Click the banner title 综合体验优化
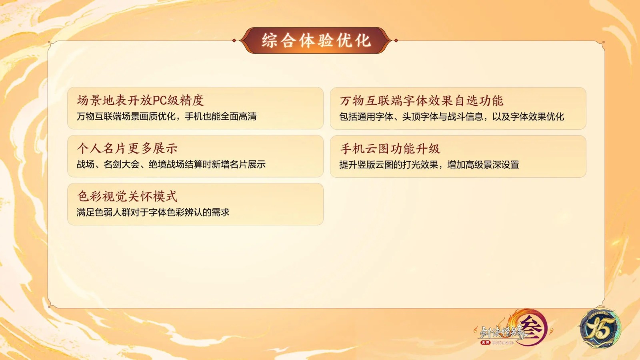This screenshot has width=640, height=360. tap(316, 40)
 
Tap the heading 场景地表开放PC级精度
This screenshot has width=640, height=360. tap(140, 100)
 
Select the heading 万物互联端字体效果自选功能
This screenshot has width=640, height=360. tap(422, 100)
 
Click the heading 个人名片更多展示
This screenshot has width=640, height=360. tap(127, 148)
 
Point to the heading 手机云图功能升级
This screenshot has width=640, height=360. tap(390, 148)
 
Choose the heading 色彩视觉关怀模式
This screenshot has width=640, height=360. tap(127, 196)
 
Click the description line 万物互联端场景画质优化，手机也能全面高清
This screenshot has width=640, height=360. tap(166, 116)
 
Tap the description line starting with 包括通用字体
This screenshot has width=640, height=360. tap(452, 116)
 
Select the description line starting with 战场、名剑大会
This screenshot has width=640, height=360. tap(171, 164)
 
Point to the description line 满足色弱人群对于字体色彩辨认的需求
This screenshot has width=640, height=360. tap(153, 212)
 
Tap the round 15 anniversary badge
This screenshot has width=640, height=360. tap(600, 328)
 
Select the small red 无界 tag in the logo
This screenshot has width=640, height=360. tap(486, 342)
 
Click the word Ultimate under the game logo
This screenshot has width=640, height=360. tap(503, 342)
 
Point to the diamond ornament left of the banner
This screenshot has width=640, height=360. tap(234, 40)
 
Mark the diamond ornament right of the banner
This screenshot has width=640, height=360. tap(396, 40)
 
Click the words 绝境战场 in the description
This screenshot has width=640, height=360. tap(166, 164)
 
